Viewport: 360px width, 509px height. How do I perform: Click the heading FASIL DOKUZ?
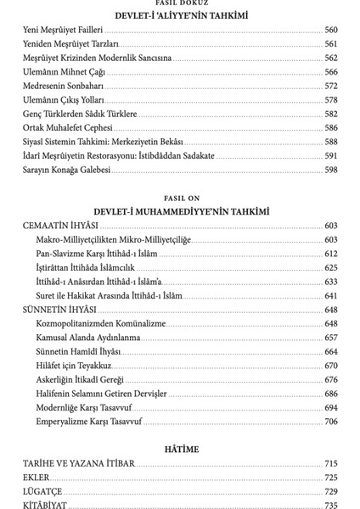pyautogui.click(x=180, y=3)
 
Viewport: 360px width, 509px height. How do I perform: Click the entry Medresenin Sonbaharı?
pyautogui.click(x=59, y=86)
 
